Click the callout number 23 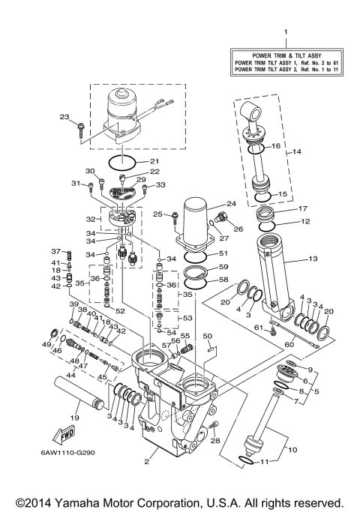coord(64,116)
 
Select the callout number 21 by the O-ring coord(154,161)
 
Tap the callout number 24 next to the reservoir coord(232,204)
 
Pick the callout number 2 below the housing coord(146,462)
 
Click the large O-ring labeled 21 coord(124,161)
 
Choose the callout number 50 coord(208,337)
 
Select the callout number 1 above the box coord(285,31)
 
